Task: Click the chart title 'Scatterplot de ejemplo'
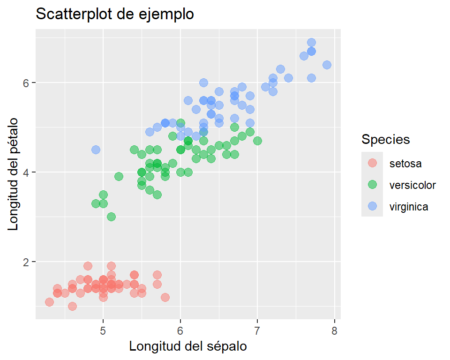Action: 115,15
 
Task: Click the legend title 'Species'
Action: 386,139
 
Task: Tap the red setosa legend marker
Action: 372,163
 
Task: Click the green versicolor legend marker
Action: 372,185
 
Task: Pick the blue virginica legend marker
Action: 372,206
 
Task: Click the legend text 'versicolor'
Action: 412,185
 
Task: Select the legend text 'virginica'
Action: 409,206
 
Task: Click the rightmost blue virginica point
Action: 327,65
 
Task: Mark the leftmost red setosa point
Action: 49,302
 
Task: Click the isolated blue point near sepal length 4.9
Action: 96,150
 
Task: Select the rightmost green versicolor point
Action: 257,141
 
